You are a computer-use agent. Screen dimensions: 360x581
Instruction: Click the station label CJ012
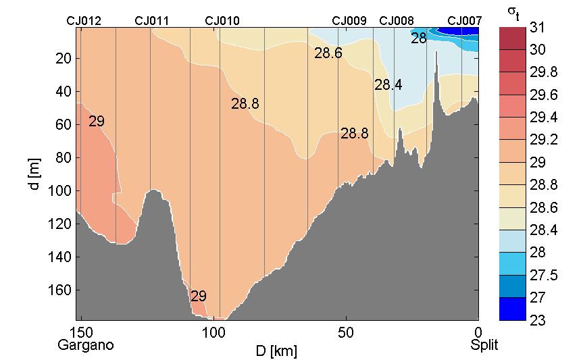tap(84, 21)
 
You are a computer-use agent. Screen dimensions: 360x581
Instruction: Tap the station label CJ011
tap(152, 21)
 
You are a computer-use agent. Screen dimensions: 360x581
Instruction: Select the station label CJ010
tap(222, 21)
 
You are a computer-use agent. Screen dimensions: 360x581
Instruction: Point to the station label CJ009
tap(349, 21)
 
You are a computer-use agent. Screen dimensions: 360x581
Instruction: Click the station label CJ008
tap(397, 21)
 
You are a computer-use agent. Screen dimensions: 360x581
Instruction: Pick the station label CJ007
tap(464, 21)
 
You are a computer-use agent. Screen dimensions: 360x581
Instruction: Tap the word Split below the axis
tap(484, 345)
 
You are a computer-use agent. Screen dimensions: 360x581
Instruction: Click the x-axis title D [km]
tap(276, 351)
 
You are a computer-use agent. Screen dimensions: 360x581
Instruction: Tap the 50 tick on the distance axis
tap(346, 332)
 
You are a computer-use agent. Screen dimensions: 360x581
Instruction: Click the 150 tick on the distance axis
tap(82, 332)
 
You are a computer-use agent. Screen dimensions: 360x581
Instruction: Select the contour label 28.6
tap(328, 53)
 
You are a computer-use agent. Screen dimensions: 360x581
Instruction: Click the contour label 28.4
tap(388, 85)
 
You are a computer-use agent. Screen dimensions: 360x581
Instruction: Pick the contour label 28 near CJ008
tap(419, 38)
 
